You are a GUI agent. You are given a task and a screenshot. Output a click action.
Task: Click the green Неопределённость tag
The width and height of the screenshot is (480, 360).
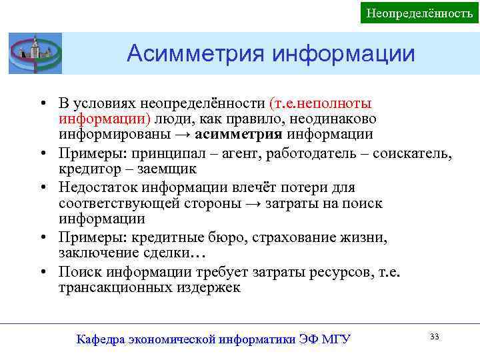click(x=419, y=13)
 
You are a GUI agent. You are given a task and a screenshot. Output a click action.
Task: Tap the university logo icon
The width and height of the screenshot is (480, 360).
click(x=35, y=53)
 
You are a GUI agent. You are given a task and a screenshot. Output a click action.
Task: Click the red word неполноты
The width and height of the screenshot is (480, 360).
click(x=336, y=103)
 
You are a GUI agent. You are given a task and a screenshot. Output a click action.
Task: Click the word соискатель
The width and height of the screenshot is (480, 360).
click(x=412, y=155)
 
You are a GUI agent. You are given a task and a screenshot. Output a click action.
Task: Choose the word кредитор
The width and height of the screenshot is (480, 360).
click(x=86, y=170)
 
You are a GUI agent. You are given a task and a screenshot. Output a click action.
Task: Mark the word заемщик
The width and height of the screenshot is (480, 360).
click(x=150, y=170)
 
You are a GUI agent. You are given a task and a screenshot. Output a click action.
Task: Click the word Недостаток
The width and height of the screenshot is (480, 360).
click(x=97, y=187)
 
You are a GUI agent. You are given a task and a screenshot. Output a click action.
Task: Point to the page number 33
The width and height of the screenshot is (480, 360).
click(x=435, y=337)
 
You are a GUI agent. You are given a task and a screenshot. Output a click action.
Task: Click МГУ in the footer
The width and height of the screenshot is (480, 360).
click(x=335, y=339)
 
